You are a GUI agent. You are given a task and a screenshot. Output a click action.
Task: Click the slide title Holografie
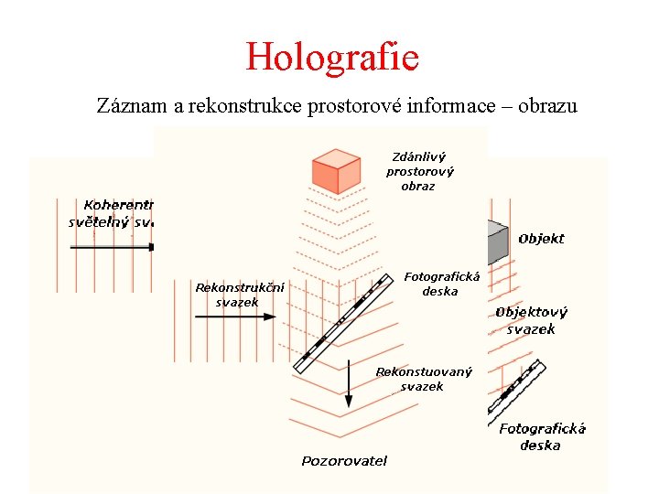331,57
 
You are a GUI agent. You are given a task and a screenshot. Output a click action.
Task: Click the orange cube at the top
336,170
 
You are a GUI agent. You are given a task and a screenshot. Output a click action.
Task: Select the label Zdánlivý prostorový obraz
419,171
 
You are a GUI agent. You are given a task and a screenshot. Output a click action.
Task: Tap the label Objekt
541,239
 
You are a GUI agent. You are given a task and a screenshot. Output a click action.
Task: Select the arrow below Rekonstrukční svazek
235,317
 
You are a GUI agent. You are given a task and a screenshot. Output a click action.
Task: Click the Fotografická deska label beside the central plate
441,284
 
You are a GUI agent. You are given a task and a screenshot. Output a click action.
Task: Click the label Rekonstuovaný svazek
423,379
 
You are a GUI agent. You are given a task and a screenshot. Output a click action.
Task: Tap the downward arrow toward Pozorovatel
349,385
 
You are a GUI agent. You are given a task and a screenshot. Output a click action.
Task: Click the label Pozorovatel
344,460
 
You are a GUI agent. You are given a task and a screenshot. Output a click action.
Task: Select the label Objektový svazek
531,320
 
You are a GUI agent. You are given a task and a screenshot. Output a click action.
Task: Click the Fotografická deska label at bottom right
542,436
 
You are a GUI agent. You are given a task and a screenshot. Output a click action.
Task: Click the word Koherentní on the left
119,205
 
